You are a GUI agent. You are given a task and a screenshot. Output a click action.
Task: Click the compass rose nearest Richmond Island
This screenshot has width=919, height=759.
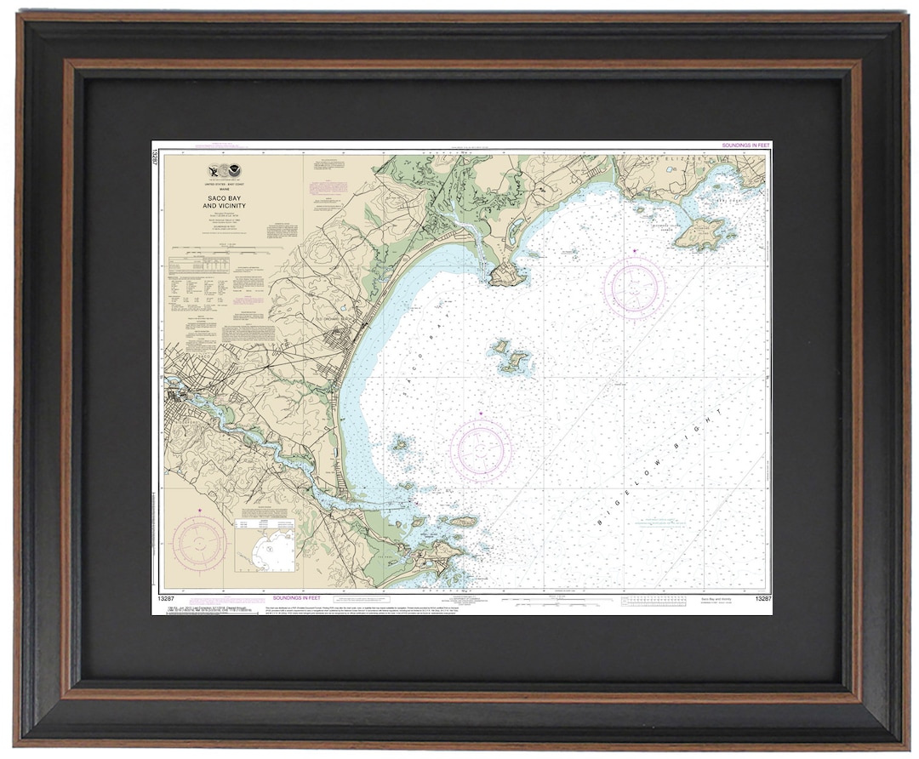pos(634,287)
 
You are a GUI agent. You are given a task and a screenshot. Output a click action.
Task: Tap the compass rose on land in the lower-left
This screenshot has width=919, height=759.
pos(199,544)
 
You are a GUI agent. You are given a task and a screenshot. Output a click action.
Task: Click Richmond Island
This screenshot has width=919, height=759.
pos(701,231)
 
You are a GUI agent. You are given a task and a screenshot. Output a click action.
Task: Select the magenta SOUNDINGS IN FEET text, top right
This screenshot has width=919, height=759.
pos(745,146)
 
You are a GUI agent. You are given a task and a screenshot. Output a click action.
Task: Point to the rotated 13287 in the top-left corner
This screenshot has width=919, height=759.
pos(157,161)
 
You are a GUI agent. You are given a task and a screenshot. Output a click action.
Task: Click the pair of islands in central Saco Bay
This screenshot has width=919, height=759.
pos(510,357)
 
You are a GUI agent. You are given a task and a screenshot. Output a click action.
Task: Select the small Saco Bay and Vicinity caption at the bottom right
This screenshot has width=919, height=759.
pos(716,601)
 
